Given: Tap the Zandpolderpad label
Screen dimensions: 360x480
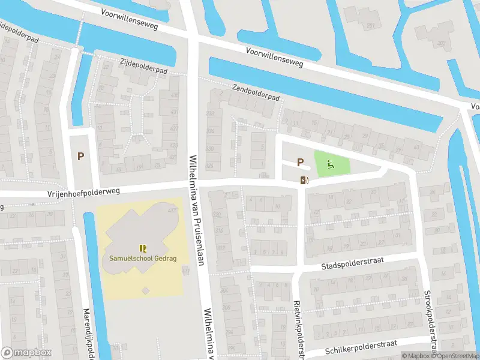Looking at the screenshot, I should click(x=256, y=92).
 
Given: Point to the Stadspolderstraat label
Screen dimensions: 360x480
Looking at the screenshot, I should click(x=352, y=261).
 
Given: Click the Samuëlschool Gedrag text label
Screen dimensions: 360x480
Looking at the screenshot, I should click(x=142, y=259).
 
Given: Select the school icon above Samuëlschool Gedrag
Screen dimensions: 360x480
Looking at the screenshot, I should click(x=142, y=248).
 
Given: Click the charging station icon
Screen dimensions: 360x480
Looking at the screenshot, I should click(x=304, y=180).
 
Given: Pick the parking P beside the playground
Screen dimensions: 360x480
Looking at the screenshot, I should click(x=300, y=162).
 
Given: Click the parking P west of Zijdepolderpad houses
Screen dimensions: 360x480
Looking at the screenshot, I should click(x=80, y=156).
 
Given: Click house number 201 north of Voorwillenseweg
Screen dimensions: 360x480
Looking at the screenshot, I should click(x=371, y=25).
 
